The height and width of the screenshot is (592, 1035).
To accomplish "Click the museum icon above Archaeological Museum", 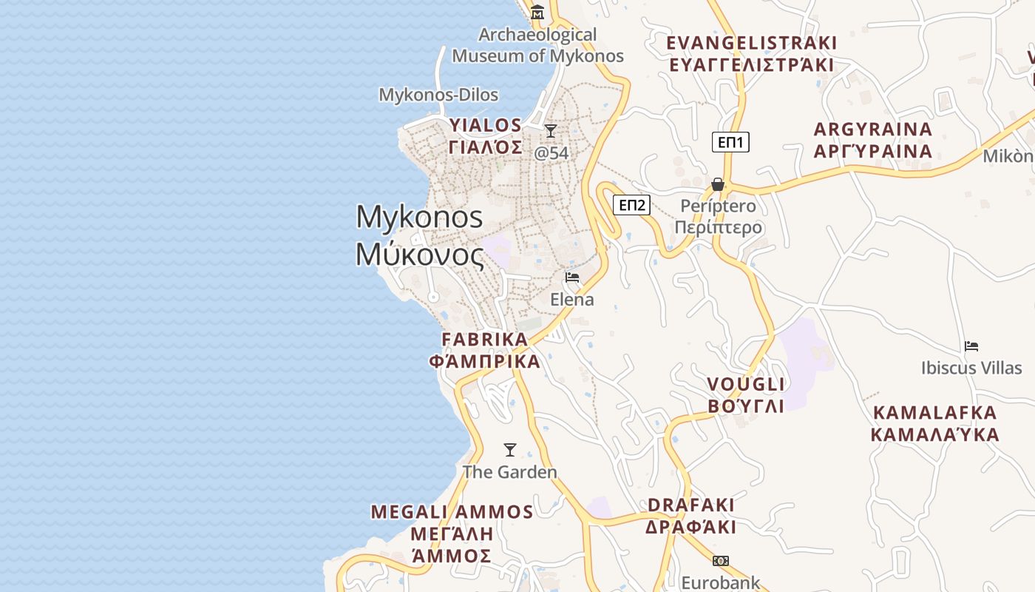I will [537, 12].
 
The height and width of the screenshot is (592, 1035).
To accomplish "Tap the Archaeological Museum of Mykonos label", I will [538, 45].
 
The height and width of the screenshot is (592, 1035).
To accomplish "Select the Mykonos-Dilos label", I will [438, 95].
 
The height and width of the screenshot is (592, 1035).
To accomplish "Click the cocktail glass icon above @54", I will [551, 131].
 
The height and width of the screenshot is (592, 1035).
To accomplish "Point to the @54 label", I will [552, 153].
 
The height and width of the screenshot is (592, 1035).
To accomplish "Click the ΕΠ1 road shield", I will [730, 142].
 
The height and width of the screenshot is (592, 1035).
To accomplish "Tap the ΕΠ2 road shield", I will [632, 205].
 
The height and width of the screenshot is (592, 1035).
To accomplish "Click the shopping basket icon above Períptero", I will [718, 184].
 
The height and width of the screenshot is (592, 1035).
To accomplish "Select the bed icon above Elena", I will [571, 277].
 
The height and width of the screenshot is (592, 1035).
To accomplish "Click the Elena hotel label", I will [571, 300].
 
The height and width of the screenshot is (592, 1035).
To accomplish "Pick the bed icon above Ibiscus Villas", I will [971, 346].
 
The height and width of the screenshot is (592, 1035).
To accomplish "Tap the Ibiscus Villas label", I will [971, 368].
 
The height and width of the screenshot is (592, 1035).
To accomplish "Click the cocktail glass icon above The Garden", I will [509, 449].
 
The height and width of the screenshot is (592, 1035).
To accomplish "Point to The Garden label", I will [509, 471].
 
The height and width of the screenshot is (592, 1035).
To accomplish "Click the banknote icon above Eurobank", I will [721, 561].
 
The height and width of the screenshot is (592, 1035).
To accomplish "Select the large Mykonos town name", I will [420, 235].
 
